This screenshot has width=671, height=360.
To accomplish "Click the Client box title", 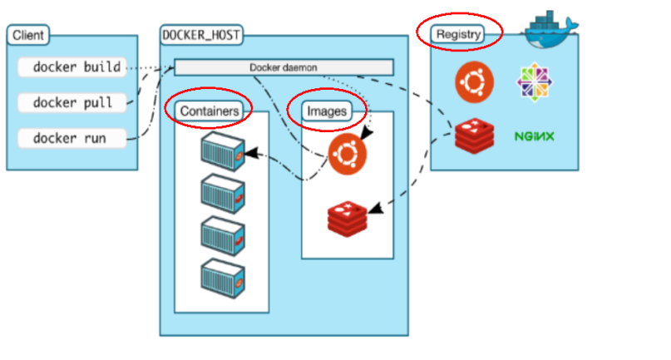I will tap(28, 36).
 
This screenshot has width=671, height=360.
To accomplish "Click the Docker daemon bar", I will tap(283, 67).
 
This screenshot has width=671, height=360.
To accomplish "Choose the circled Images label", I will tap(326, 111).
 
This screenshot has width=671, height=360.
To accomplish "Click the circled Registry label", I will tap(458, 34).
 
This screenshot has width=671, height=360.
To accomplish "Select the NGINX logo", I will tap(534, 136).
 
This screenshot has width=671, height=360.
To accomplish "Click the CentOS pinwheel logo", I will tap(534, 82).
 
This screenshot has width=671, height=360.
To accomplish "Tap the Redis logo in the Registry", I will tap(474, 135).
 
